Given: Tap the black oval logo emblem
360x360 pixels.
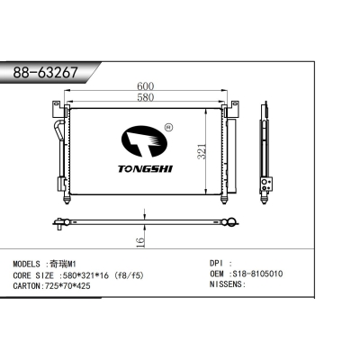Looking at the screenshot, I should pos(144,142).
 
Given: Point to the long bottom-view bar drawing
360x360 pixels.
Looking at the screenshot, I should pos(144,220).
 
